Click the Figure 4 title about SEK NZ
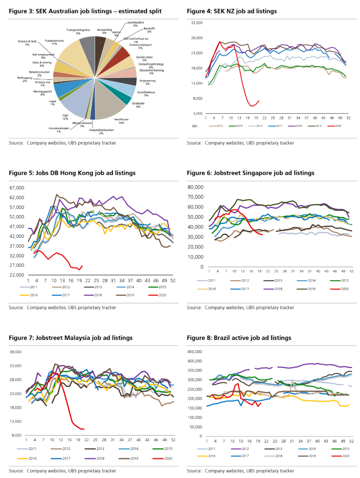coord(231,11)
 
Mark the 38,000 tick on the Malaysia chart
coord(15,352)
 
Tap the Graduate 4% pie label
coord(138,104)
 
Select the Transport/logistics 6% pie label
coord(78,31)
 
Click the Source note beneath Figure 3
coord(62,143)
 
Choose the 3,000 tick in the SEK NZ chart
coord(198,113)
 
